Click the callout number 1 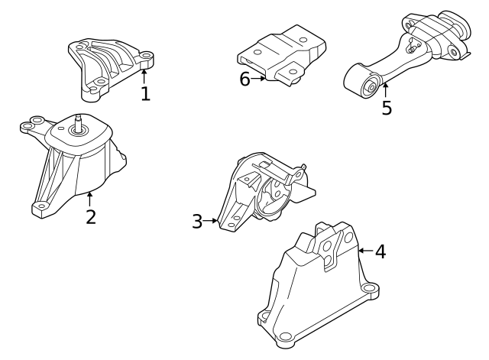pos(145,94)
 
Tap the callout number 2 pos(91,216)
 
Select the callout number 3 pos(197,222)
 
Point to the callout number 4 pos(380,251)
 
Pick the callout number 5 pos(387,108)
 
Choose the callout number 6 pos(244,79)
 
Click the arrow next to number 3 pos(212,222)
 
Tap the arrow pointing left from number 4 pos(364,250)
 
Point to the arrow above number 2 pos(90,199)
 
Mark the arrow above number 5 pos(386,90)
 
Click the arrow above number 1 pos(144,76)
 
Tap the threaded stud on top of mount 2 pos(78,122)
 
